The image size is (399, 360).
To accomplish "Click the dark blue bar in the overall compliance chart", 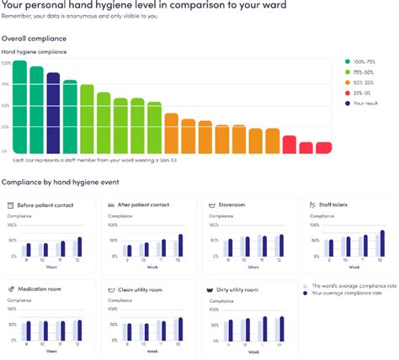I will coord(53,113).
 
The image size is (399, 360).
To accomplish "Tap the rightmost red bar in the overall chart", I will coord(323,147).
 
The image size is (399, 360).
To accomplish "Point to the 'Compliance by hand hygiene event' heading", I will coord(66,182).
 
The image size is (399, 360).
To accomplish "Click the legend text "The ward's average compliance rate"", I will coord(353,288).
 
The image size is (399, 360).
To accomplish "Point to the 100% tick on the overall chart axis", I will coord(6,63).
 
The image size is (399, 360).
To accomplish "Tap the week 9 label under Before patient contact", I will coord(28,262).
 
